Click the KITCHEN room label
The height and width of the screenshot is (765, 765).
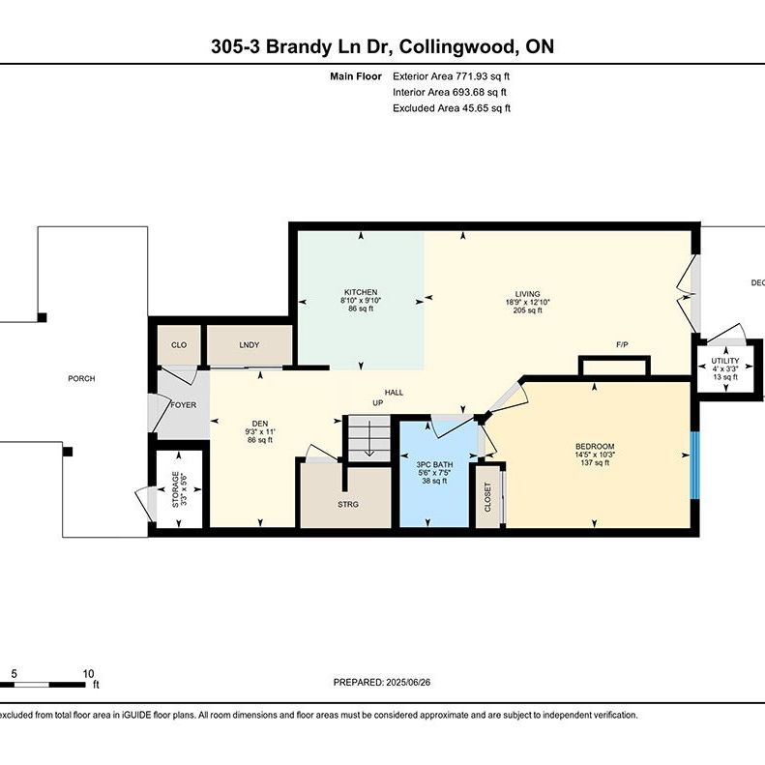coord(360,292)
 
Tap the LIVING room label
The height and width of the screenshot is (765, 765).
coord(527,294)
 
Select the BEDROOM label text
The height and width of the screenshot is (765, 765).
coord(595,446)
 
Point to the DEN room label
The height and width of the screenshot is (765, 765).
coord(259,423)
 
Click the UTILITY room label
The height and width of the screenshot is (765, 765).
coord(724,361)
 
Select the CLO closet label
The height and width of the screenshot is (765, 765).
coord(179,344)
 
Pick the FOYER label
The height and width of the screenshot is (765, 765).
coord(184,404)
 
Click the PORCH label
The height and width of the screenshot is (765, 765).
coord(81,378)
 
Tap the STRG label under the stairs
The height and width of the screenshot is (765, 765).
coord(348,504)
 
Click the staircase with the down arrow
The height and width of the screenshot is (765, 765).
coord(368,437)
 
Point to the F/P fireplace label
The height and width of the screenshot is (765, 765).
coord(623,345)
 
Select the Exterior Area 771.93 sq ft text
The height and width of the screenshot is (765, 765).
coord(450,74)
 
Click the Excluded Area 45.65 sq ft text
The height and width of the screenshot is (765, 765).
coord(451,108)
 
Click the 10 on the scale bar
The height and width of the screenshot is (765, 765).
coord(88,673)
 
